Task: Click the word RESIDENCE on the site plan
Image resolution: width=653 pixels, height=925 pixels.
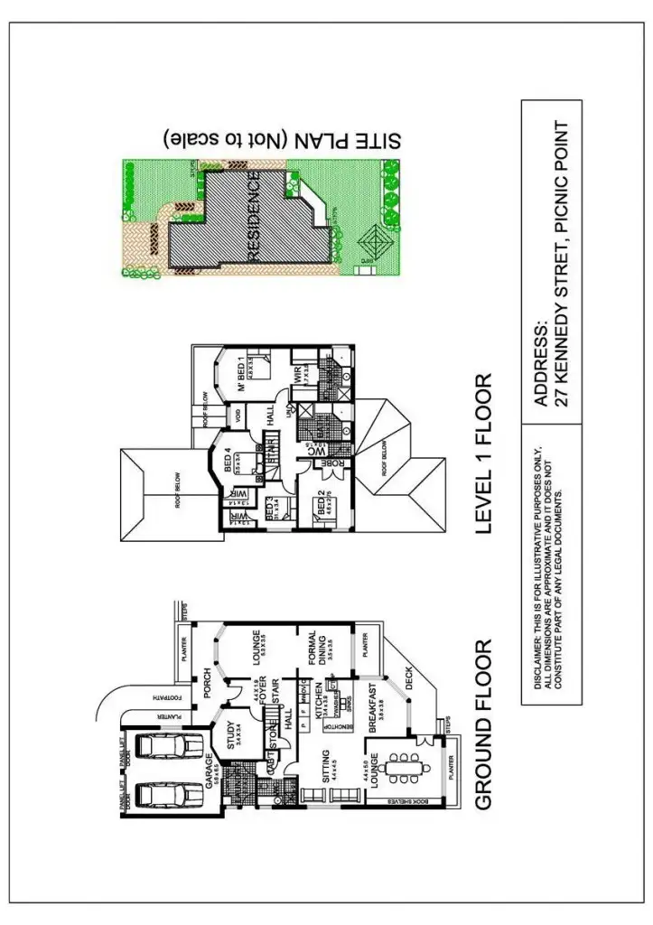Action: tap(254, 219)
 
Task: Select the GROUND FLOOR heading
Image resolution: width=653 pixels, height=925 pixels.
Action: tap(483, 723)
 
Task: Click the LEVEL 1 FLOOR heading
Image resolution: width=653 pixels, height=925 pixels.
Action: tap(483, 453)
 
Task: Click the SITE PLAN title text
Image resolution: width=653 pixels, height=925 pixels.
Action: tap(285, 138)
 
